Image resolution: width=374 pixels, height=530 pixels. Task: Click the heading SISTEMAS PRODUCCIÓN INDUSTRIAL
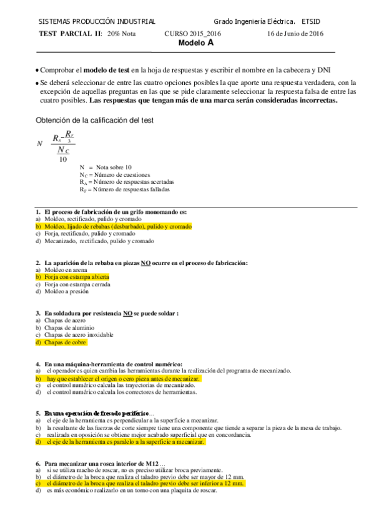[x=97, y=22]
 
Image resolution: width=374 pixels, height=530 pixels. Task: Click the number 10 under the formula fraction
[x=63, y=159]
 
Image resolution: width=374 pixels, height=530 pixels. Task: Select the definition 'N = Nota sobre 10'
[x=106, y=167]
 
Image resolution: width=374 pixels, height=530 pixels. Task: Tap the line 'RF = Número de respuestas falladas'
[x=124, y=189]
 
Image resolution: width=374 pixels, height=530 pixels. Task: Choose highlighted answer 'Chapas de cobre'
[x=66, y=342]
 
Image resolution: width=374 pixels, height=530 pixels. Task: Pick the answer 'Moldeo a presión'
[x=67, y=291]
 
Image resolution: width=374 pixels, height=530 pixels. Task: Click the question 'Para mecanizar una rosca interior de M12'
[x=102, y=462]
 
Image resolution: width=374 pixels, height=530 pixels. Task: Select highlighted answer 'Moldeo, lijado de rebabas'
[x=118, y=226]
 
